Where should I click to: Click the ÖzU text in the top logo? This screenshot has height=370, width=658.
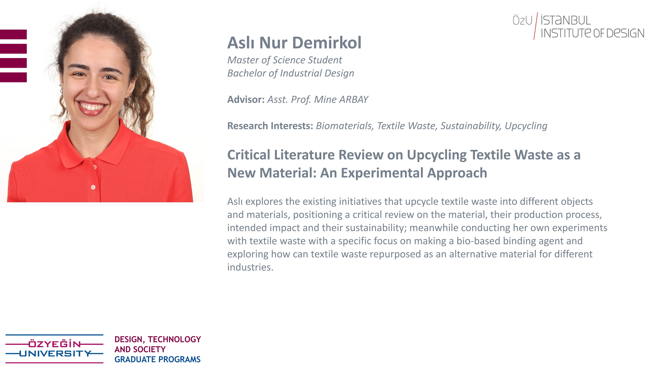tap(522, 20)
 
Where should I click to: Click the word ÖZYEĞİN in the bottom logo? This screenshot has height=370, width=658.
tap(54, 344)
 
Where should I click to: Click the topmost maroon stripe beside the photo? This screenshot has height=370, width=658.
tap(13, 34)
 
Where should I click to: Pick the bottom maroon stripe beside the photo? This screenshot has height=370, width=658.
tap(13, 77)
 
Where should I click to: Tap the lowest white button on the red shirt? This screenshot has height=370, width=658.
tap(93, 187)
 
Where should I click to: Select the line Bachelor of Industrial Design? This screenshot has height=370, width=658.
tap(291, 73)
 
